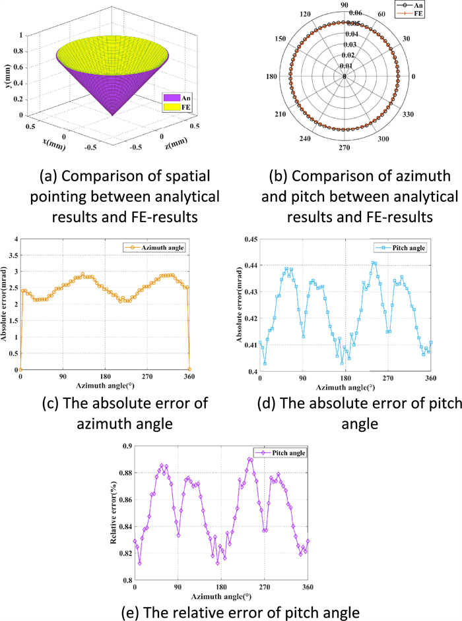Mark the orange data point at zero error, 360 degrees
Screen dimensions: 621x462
[x=190, y=369]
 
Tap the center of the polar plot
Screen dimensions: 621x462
[x=345, y=76]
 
